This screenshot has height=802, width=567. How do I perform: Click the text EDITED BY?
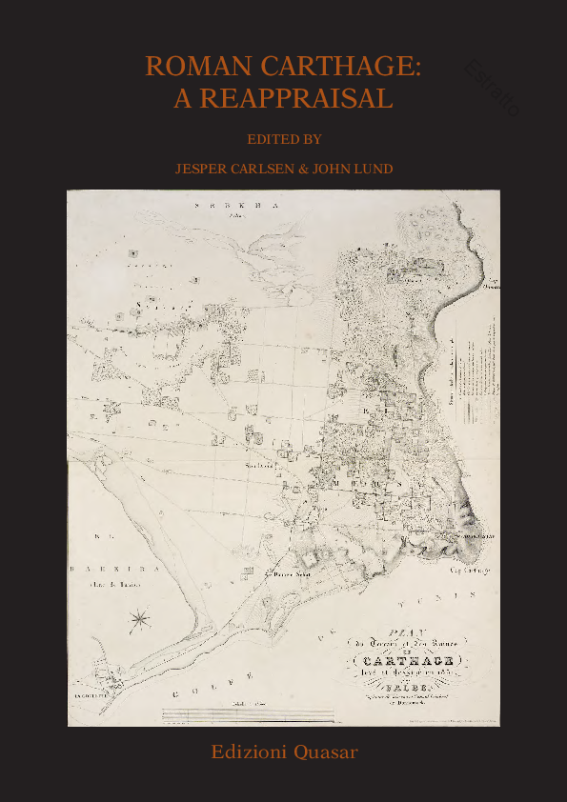coord(284,139)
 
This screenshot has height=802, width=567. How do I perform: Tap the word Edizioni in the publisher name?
coord(250,752)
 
